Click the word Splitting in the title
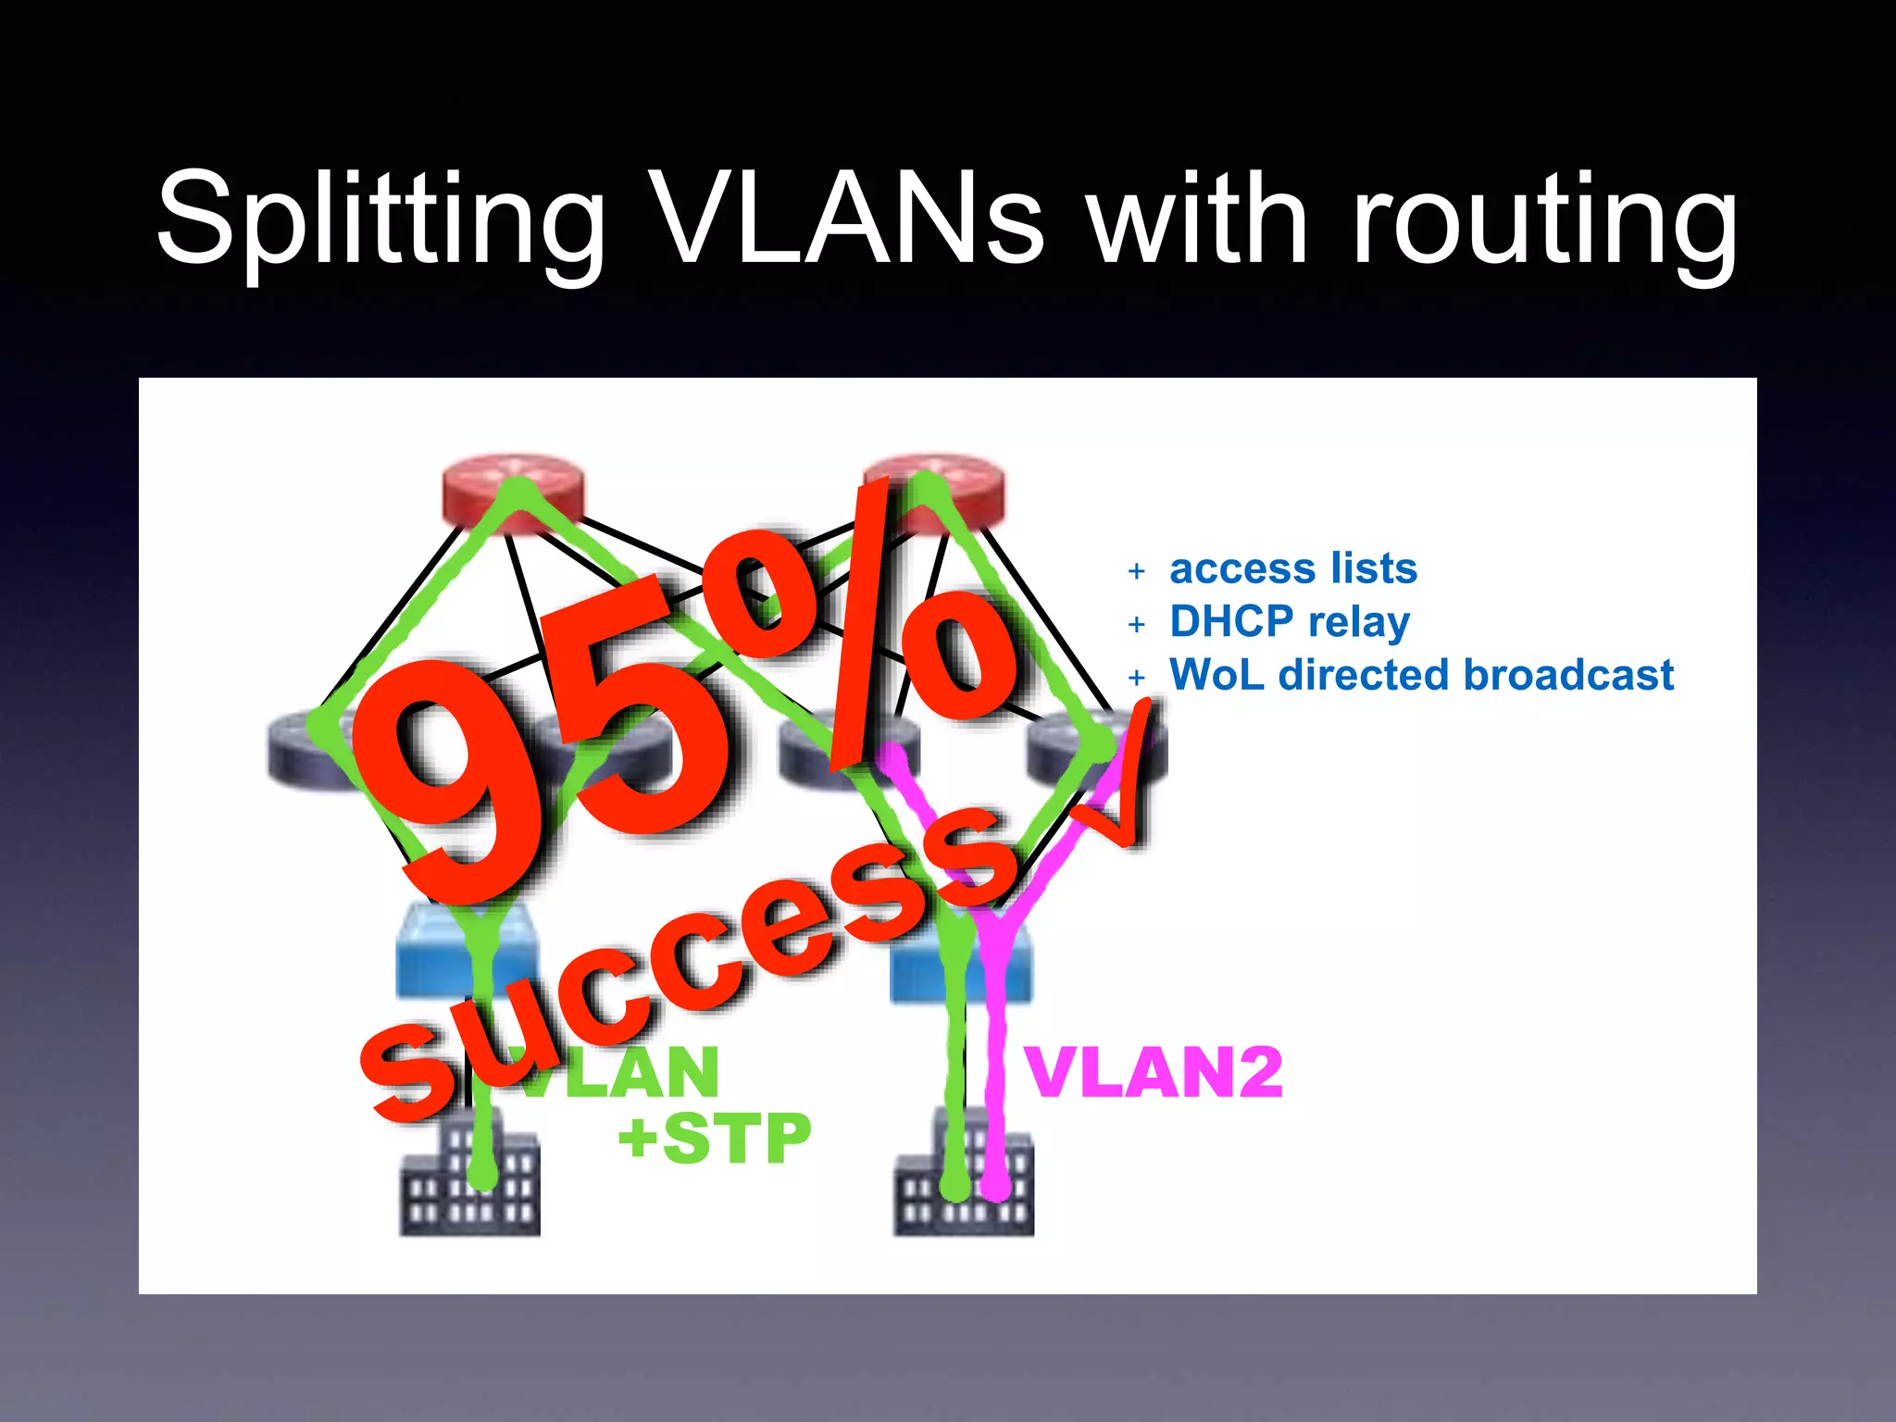(380, 218)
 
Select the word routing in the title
(1543, 218)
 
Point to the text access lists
(1292, 568)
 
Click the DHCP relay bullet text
(1289, 622)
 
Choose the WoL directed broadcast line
(1421, 675)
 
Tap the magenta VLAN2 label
(1154, 1073)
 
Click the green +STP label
(714, 1138)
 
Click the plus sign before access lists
(1137, 571)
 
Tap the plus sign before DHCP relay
(1137, 625)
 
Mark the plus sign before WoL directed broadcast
(1137, 678)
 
